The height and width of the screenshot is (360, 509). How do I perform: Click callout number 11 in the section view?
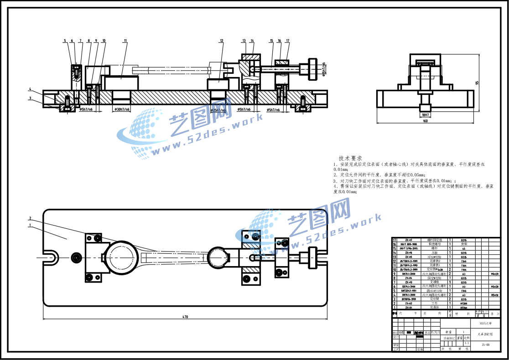pos(125,41)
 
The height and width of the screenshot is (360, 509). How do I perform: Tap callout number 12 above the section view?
pos(222,41)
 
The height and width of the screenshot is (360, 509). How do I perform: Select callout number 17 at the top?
pos(288,41)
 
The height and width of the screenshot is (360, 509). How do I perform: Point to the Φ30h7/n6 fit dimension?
pos(121,110)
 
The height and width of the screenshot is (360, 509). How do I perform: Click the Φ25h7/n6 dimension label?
pos(218,110)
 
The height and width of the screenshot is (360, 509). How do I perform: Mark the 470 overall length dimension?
pos(185,316)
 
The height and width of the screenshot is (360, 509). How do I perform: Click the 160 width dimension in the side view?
pos(425,121)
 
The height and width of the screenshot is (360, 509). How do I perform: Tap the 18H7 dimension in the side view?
pos(425,115)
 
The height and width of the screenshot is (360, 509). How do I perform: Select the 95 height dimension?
pos(477,82)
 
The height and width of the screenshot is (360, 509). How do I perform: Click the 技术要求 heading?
pos(350,158)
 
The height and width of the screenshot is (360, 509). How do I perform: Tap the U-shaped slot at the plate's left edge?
pos(51,257)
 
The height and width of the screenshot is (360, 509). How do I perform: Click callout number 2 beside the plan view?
pos(30,218)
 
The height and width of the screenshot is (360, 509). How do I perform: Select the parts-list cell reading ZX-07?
pos(409,240)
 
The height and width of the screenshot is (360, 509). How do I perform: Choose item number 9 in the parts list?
pos(394,274)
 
